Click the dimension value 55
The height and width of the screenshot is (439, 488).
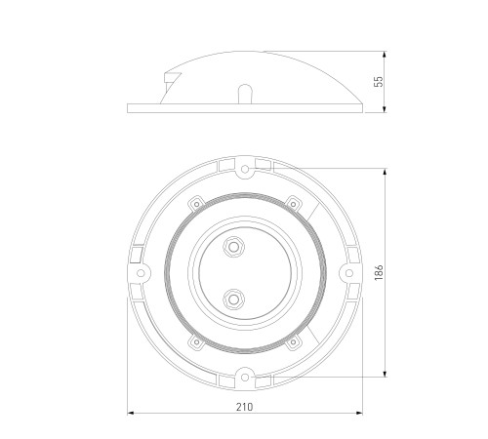(379, 82)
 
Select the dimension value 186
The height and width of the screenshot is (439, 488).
(379, 273)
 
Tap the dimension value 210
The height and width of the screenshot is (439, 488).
(244, 407)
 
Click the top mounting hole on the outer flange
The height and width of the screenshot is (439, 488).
(245, 169)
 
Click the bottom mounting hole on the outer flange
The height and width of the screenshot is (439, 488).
(245, 378)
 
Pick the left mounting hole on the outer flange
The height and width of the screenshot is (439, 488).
(141, 273)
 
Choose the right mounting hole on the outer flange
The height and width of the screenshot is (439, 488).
(349, 273)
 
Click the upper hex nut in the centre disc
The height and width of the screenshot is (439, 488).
(233, 247)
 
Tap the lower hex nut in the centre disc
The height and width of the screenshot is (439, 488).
(233, 299)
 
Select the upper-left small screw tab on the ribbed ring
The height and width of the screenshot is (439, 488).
(196, 204)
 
